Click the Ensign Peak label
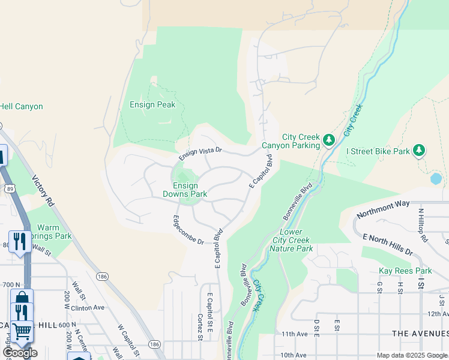pyautogui.click(x=152, y=104)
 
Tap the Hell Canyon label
pyautogui.click(x=21, y=107)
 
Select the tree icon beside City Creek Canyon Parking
pyautogui.click(x=328, y=140)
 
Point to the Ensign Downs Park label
pyautogui.click(x=185, y=190)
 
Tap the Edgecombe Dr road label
pyautogui.click(x=188, y=229)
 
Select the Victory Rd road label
pyautogui.click(x=43, y=191)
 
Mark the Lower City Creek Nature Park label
pyautogui.click(x=291, y=240)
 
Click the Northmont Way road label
pyautogui.click(x=383, y=210)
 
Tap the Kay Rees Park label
pyautogui.click(x=405, y=271)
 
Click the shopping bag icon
pyautogui.click(x=22, y=298)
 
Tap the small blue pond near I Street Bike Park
pyautogui.click(x=436, y=178)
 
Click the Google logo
pyautogui.click(x=19, y=353)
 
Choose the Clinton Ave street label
pyautogui.click(x=88, y=307)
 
